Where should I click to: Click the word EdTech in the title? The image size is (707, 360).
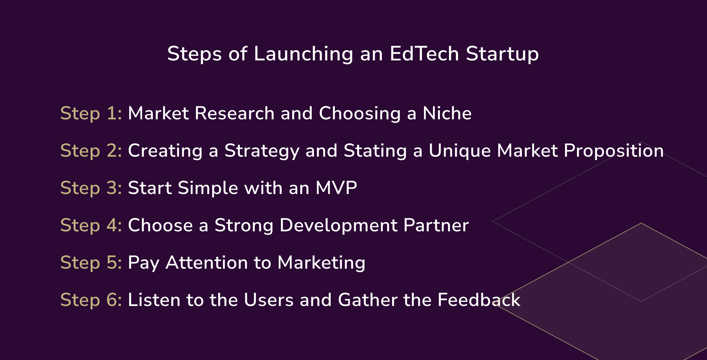click(424, 54)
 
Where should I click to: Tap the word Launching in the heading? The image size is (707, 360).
click(303, 54)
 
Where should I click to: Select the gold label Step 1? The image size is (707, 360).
click(91, 113)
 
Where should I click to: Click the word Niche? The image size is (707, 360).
click(447, 113)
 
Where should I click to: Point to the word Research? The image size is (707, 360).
click(234, 113)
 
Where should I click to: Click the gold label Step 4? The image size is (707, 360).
click(91, 225)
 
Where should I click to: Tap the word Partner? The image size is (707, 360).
click(436, 225)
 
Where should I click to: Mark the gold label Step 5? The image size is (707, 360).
click(91, 263)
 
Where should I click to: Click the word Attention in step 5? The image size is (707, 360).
click(207, 263)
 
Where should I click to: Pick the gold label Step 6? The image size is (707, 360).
click(91, 300)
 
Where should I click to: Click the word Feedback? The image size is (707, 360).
click(479, 300)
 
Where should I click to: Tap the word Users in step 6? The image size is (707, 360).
click(268, 300)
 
